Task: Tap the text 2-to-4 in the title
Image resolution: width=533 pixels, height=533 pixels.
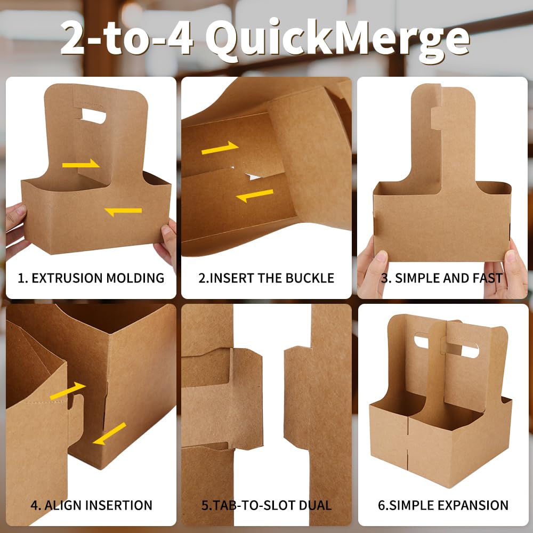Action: [127, 39]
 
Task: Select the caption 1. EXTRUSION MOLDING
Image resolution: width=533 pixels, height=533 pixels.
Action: [91, 278]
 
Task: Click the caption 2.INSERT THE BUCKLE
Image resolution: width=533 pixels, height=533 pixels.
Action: [266, 278]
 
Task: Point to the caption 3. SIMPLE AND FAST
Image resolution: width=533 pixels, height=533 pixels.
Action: [442, 278]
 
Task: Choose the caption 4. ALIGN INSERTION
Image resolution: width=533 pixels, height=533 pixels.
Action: [91, 505]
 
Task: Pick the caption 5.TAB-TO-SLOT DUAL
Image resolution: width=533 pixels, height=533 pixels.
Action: [266, 505]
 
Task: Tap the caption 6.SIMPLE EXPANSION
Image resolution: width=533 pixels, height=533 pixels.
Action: [443, 505]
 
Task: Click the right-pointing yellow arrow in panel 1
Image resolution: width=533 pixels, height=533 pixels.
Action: [81, 164]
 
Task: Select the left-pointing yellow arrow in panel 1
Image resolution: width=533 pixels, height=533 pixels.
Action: [123, 211]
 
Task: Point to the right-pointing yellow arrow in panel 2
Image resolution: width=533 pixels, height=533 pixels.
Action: [219, 148]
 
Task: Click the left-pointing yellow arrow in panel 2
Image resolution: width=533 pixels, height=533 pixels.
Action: [255, 195]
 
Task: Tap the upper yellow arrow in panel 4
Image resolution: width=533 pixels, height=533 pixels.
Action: [68, 390]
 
